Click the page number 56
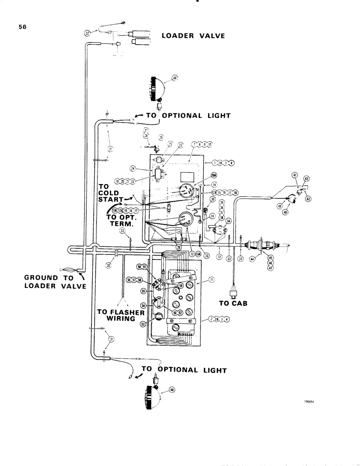click(22, 27)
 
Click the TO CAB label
click(233, 303)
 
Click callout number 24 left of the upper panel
click(133, 169)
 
